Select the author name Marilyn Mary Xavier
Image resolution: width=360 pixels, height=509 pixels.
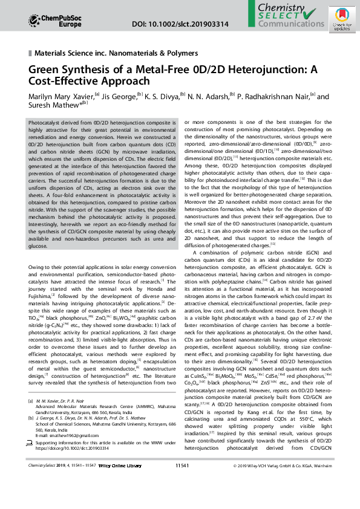(x=61, y=97)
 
